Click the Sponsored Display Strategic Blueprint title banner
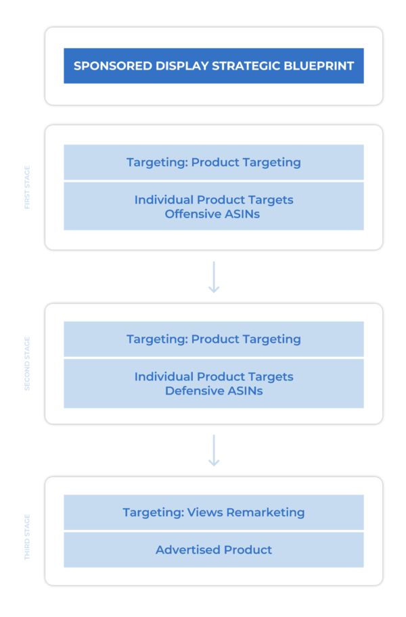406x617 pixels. coord(213,66)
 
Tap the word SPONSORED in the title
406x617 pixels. coord(107,66)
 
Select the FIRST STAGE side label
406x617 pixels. coord(28,187)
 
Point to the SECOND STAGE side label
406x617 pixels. coord(28,363)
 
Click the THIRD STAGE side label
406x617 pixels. coord(28,537)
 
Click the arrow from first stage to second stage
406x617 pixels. coord(214,276)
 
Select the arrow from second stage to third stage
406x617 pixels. coord(214,450)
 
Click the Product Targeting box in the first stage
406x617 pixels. coord(213,162)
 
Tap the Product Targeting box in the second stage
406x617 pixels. coord(213,339)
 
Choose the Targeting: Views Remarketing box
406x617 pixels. coord(213,512)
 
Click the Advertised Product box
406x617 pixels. coord(213,550)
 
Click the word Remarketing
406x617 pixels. coord(265,512)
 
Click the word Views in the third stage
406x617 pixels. coord(205,512)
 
